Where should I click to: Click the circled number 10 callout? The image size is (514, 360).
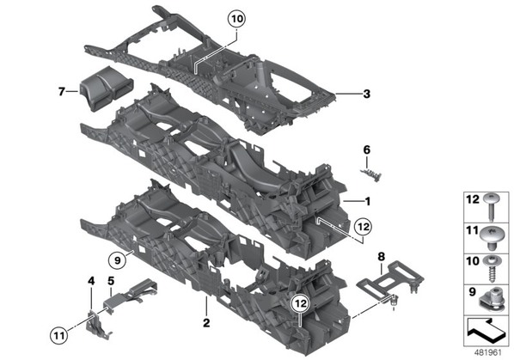tap(236, 19)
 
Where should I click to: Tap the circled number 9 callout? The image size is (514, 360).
tap(118, 260)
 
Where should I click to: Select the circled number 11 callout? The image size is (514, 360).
tap(59, 335)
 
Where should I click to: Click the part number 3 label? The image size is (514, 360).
tap(366, 94)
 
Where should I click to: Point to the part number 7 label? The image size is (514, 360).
tap(61, 92)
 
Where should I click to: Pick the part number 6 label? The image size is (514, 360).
tap(366, 150)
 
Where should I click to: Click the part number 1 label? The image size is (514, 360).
tap(368, 201)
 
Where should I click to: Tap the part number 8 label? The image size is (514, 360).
tap(381, 257)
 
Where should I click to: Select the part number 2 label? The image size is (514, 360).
tap(206, 323)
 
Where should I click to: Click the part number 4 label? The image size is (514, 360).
tap(91, 281)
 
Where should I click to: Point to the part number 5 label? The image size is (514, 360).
tap(111, 281)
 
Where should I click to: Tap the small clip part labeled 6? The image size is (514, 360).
tap(371, 175)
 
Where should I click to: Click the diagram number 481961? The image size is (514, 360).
tap(488, 352)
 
